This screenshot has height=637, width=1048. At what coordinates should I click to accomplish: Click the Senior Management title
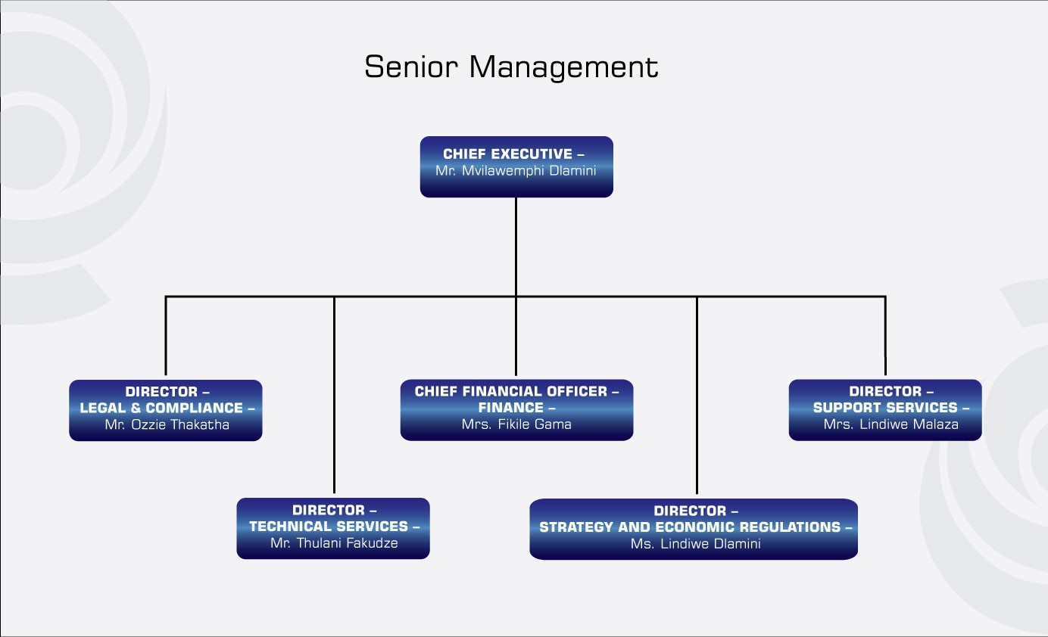click(x=511, y=67)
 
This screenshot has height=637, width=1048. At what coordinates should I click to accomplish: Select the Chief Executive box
click(x=516, y=167)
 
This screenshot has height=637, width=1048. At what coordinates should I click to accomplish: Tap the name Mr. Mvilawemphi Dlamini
click(x=516, y=170)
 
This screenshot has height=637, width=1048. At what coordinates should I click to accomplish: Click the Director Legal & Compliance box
click(x=166, y=410)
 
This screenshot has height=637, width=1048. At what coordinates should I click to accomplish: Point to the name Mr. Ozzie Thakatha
click(x=167, y=424)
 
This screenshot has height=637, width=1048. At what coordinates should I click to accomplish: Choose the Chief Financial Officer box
click(x=517, y=410)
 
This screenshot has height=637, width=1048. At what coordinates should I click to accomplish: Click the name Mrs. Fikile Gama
click(x=516, y=424)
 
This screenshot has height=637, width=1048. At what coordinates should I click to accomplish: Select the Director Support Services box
click(x=885, y=410)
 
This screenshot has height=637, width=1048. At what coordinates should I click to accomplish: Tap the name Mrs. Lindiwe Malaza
click(x=890, y=424)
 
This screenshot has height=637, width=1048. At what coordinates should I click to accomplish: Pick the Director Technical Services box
click(x=333, y=528)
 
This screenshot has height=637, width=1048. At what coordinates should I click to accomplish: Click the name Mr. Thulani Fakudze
click(x=334, y=542)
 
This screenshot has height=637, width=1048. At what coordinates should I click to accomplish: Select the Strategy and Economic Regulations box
click(x=694, y=529)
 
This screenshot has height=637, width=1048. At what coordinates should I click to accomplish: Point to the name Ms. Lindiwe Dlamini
click(x=696, y=543)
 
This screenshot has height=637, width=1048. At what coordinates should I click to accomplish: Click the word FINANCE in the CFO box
click(x=511, y=408)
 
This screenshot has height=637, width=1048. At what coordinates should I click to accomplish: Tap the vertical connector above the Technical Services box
click(x=334, y=395)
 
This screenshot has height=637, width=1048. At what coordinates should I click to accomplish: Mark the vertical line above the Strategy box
click(x=697, y=396)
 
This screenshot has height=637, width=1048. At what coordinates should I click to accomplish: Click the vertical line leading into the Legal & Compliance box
click(x=166, y=336)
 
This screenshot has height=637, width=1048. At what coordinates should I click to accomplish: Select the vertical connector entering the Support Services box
click(x=885, y=336)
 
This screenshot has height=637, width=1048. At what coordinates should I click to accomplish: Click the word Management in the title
click(x=564, y=67)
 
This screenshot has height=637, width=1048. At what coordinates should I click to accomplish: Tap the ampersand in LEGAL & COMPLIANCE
click(x=136, y=408)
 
